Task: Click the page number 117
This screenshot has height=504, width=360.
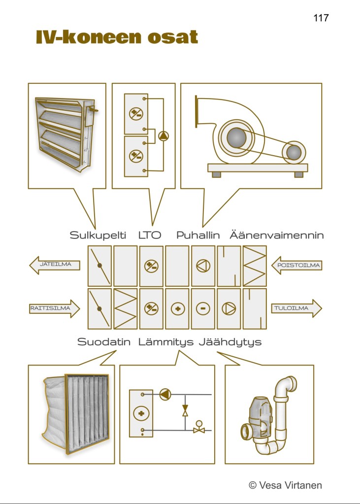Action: point(321,18)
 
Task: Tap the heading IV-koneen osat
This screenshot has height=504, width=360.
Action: point(117,37)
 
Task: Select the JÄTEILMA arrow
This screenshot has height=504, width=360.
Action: point(55,265)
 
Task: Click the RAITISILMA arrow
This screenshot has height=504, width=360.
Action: point(55,308)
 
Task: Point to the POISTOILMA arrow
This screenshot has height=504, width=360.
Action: point(296,265)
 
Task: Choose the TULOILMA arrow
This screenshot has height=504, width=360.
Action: point(296,308)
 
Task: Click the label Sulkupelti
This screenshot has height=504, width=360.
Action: point(98,235)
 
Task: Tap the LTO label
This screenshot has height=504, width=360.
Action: point(150,235)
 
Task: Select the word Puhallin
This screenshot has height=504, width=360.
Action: point(198,235)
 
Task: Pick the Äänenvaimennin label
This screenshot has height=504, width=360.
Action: point(277,235)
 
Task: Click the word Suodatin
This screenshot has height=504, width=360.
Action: point(104,342)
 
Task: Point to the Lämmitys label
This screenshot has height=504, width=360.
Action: point(166,342)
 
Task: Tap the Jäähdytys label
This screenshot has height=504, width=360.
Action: point(230,342)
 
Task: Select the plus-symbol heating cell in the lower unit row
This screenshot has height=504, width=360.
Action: point(177,309)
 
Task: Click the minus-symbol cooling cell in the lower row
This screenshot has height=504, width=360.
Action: point(203,309)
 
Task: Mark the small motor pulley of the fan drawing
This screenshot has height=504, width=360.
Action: point(294,152)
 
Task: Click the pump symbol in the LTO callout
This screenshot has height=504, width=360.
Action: point(164,136)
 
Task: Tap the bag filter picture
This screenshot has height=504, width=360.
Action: point(75,414)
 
